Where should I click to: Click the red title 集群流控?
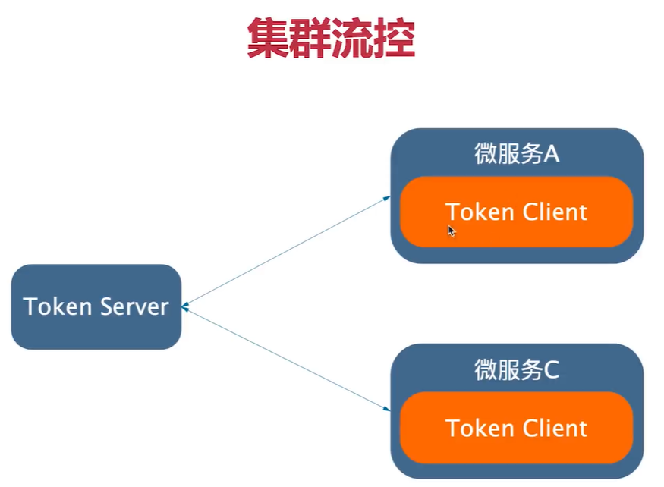click(331, 39)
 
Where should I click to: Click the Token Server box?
click(96, 306)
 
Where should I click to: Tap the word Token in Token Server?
click(54, 306)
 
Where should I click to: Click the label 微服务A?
click(517, 154)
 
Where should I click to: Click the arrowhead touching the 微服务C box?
click(386, 410)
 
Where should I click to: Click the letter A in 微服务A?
click(551, 154)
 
